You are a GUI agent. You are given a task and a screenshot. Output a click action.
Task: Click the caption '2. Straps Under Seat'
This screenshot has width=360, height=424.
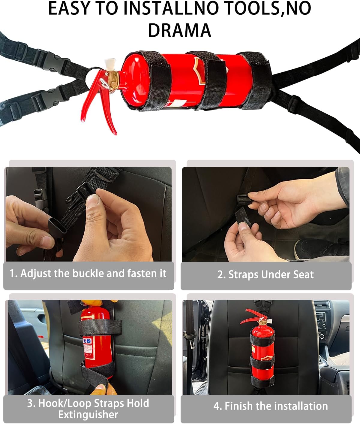coord(265,274)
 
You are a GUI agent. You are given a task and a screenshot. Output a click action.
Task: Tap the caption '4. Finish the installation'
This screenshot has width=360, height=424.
coord(270,406)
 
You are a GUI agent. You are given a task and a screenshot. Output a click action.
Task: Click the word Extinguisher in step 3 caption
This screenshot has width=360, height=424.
coord(88,415)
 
